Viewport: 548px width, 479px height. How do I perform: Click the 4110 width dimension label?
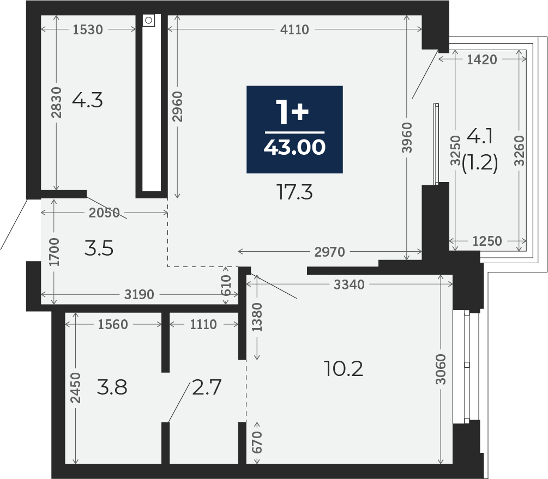[x=294, y=29]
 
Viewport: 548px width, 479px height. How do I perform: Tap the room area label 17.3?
[x=294, y=192]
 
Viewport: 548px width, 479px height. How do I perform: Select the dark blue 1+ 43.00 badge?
[x=294, y=129]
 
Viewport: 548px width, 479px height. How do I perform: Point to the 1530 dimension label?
[x=88, y=29]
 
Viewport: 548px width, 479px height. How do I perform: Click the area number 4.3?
[x=87, y=100]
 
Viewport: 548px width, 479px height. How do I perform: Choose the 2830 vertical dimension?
[x=56, y=102]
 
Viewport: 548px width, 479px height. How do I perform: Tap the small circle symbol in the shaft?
[x=148, y=20]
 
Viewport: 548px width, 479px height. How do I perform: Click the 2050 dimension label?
[x=104, y=213]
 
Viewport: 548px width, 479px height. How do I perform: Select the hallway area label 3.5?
[x=99, y=249]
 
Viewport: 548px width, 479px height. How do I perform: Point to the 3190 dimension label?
[x=139, y=294]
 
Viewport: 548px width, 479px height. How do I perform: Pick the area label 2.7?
[x=207, y=387]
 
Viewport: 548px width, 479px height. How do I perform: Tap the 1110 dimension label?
[x=203, y=325]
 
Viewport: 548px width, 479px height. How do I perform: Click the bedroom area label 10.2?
[x=344, y=368]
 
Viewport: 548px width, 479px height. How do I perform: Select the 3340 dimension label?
[x=349, y=285]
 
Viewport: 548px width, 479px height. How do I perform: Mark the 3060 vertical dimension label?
[x=442, y=369]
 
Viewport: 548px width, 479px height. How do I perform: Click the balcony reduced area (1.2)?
[x=480, y=163]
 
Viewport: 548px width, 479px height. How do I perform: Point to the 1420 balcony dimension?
[x=482, y=60]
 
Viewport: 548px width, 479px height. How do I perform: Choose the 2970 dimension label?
[x=329, y=252]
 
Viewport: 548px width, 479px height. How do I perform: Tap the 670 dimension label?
[x=257, y=442]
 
